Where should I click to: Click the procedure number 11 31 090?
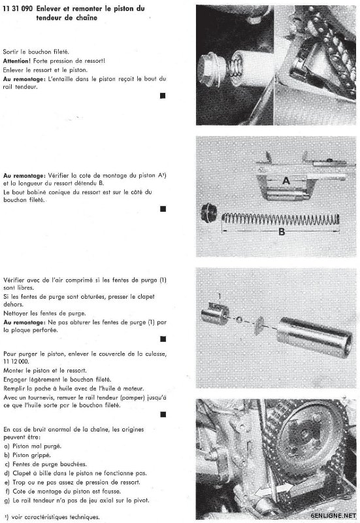(x=18, y=8)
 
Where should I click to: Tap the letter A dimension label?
(x=286, y=181)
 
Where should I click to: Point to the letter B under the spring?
(x=282, y=231)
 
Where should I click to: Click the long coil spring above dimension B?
(x=281, y=219)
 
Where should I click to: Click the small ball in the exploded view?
(x=240, y=320)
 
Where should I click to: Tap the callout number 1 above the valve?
(x=220, y=296)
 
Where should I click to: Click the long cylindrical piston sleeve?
(x=314, y=337)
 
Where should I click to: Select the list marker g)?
(x=7, y=501)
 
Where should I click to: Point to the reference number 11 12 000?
(x=16, y=362)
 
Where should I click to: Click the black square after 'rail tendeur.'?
(x=163, y=95)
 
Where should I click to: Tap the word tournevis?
(x=41, y=397)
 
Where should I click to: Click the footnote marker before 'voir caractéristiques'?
(x=7, y=516)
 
